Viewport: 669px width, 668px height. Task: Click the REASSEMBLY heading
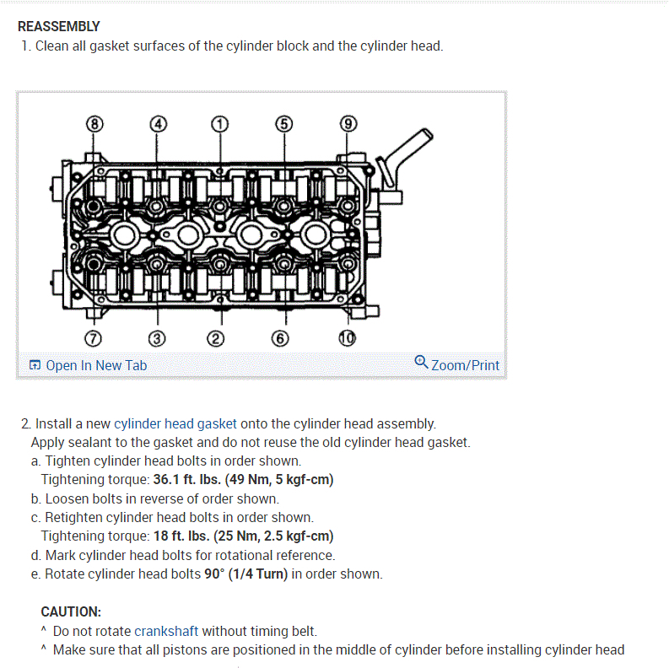[x=58, y=26]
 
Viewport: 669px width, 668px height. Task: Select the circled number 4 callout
[x=157, y=123]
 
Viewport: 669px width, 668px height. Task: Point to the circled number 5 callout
[x=284, y=123]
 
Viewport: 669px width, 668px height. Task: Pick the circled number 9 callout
[x=348, y=123]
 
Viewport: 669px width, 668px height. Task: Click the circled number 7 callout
[x=94, y=339]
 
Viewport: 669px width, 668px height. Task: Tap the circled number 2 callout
[x=217, y=339]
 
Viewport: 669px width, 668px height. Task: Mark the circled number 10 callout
[x=347, y=339]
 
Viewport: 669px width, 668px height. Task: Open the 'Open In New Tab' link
[x=95, y=365]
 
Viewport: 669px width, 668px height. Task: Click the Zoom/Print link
[x=465, y=365]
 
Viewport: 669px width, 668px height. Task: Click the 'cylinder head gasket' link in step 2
[x=175, y=423]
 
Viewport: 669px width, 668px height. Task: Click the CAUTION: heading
[x=71, y=611]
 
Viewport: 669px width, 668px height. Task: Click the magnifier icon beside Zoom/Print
[x=421, y=363]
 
